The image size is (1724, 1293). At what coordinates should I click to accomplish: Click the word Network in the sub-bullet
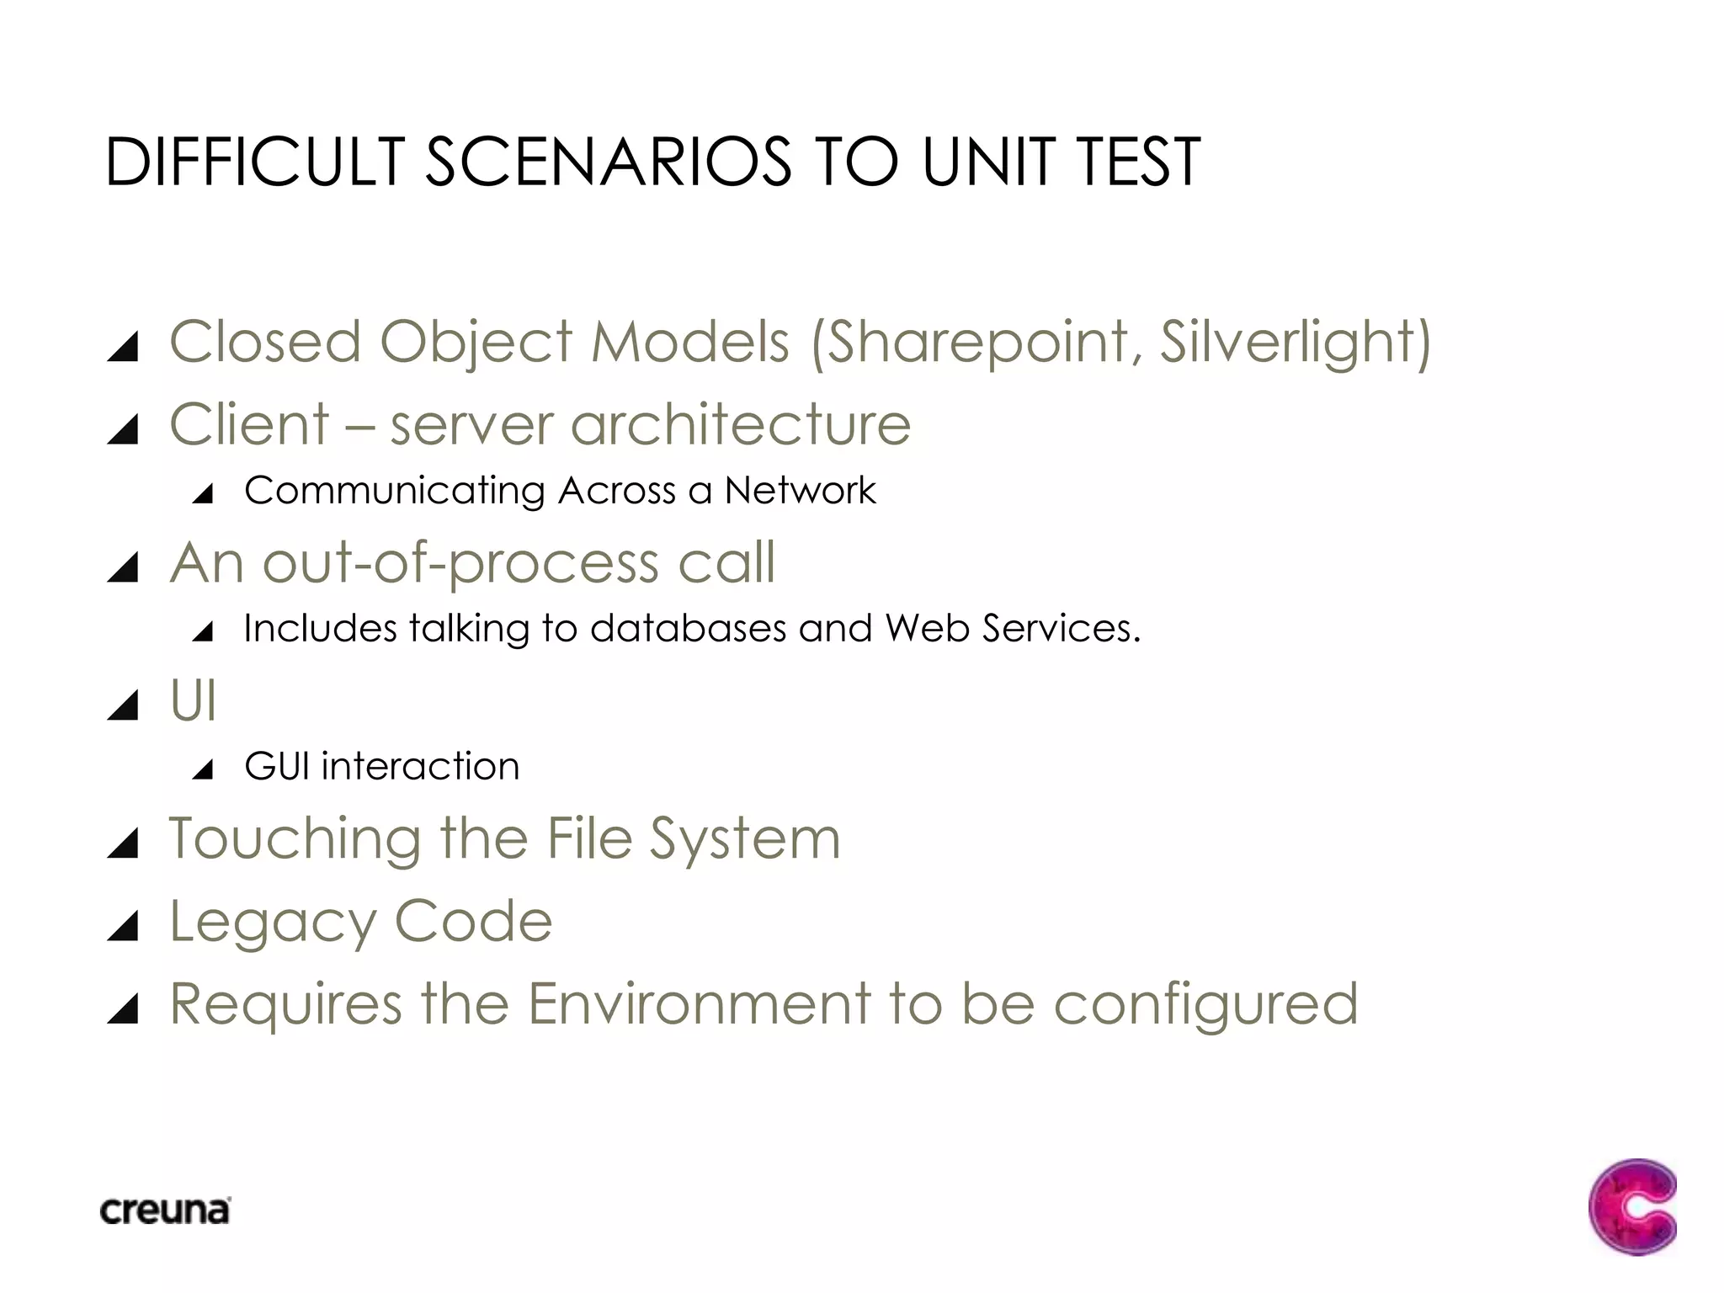(x=800, y=490)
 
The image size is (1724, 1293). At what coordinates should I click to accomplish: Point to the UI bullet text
(x=193, y=700)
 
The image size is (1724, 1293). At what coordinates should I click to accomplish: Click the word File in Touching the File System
(x=588, y=838)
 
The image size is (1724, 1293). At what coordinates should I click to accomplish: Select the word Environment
(x=699, y=1003)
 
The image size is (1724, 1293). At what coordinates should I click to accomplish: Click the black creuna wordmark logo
(x=165, y=1211)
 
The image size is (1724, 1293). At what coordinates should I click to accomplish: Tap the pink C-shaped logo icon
(x=1631, y=1207)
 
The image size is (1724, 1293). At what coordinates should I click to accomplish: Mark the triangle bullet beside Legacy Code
(x=124, y=925)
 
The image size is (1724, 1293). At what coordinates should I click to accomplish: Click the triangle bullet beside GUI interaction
(x=203, y=769)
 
